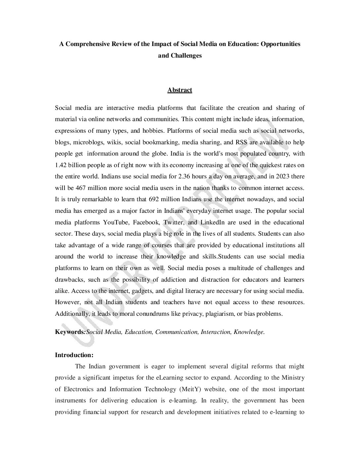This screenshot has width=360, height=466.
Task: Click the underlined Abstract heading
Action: click(x=180, y=90)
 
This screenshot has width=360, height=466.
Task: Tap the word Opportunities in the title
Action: click(x=280, y=44)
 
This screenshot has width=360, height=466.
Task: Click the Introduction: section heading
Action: click(x=74, y=355)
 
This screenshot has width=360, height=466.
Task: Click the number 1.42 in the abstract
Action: click(x=61, y=165)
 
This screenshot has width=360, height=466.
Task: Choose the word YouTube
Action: click(x=116, y=222)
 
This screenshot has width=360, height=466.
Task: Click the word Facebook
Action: click(x=147, y=222)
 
